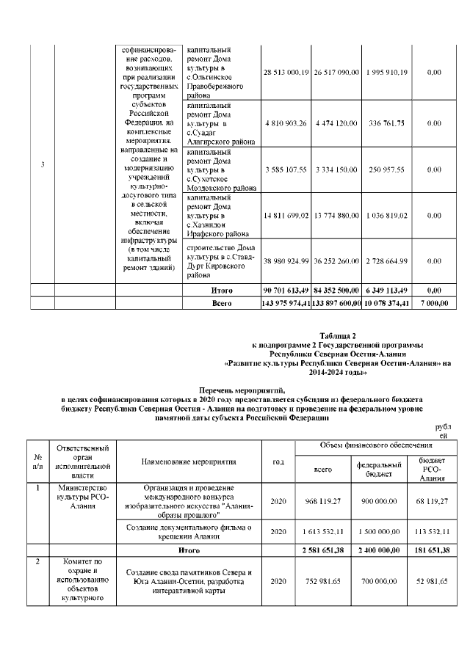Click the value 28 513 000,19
pyautogui.click(x=285, y=72)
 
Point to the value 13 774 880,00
pyautogui.click(x=335, y=216)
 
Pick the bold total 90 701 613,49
pyautogui.click(x=285, y=291)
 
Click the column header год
pyautogui.click(x=278, y=461)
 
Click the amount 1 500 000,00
pyautogui.click(x=378, y=531)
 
